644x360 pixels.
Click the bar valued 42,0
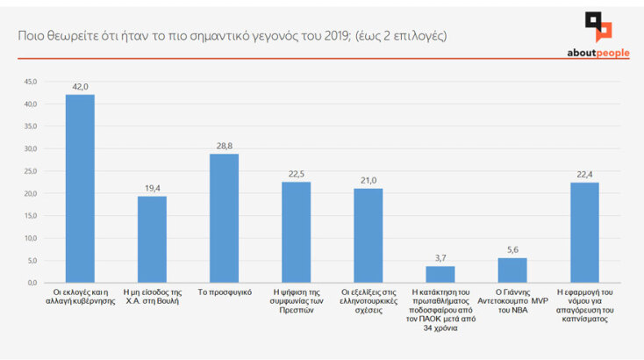pos(80,189)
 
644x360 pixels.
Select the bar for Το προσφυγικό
pos(224,219)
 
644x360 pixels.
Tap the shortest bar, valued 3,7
pos(440,274)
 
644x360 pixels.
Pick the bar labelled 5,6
pos(512,270)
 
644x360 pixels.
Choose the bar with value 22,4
pos(584,233)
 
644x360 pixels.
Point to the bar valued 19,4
pos(152,239)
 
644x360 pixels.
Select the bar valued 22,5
pos(296,233)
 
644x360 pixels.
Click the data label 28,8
pos(224,146)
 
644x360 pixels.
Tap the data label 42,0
pos(80,87)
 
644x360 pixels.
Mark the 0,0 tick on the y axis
pos(31,283)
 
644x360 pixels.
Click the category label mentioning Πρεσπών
pos(296,299)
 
